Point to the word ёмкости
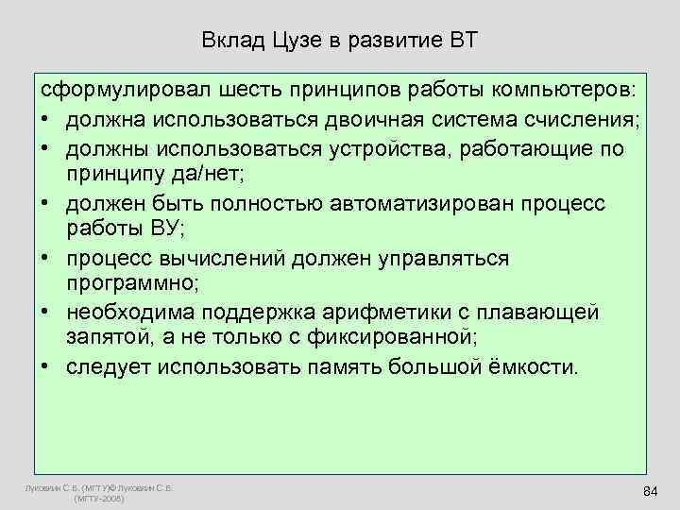(530, 366)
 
